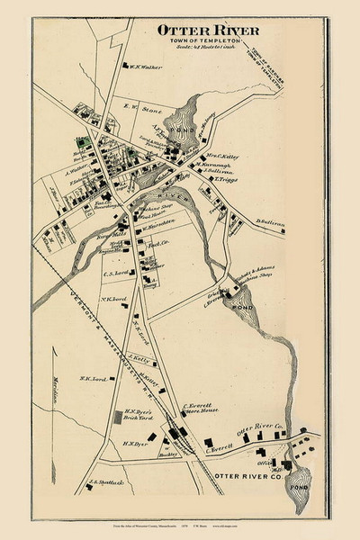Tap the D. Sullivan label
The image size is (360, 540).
[272, 221]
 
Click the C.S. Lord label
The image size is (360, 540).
[117, 273]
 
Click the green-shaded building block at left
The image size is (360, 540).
[80, 141]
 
